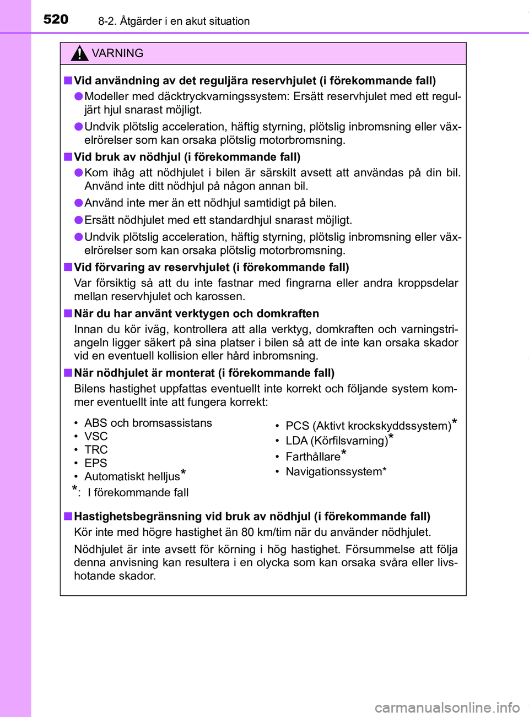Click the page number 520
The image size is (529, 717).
click(x=56, y=19)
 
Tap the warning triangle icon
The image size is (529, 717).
click(x=79, y=53)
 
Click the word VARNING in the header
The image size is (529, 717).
click(x=117, y=53)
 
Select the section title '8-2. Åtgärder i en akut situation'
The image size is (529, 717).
click(x=174, y=21)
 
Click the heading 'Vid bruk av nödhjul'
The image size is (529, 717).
click(x=187, y=157)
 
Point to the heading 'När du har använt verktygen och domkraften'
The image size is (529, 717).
click(x=196, y=313)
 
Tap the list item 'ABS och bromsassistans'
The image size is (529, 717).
click(x=148, y=423)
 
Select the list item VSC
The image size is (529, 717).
click(x=96, y=436)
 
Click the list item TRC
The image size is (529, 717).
click(x=96, y=450)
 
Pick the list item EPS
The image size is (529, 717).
click(x=95, y=463)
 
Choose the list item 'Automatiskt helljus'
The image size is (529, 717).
click(x=132, y=476)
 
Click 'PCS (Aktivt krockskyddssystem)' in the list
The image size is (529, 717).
click(x=368, y=426)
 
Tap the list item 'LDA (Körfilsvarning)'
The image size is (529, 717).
click(x=337, y=441)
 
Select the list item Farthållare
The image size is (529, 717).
click(x=313, y=457)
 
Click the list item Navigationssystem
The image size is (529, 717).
click(x=335, y=471)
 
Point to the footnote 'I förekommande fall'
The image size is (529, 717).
click(x=138, y=492)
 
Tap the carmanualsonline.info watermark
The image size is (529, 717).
click(x=447, y=707)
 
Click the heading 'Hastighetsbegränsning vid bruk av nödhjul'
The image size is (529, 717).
click(x=252, y=517)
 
